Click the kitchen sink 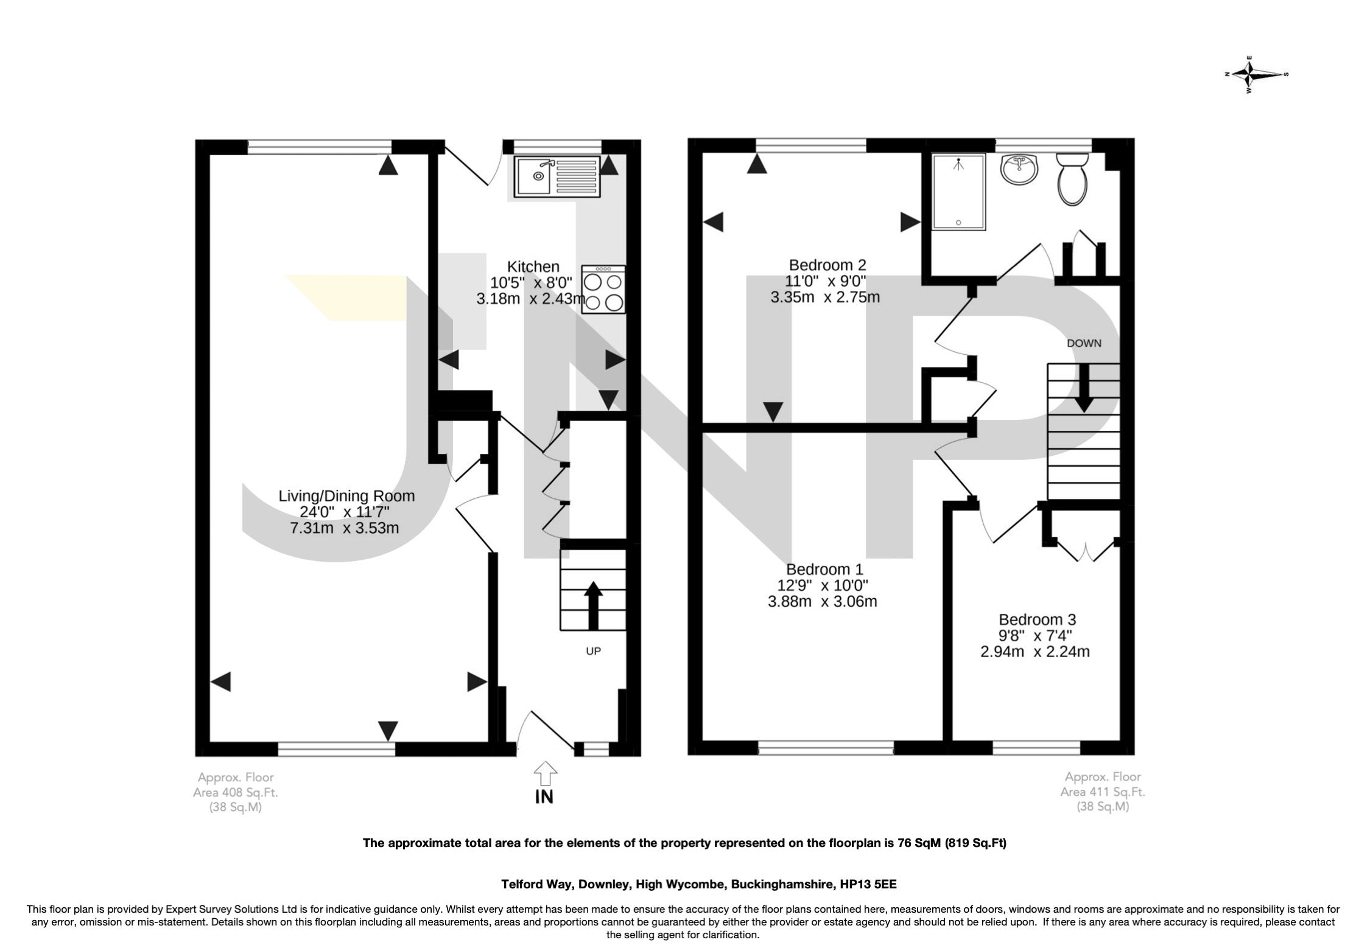557,176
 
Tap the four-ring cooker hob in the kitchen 603,290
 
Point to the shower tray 958,192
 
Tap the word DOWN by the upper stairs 1084,343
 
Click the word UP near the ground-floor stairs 593,651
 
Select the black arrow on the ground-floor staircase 593,605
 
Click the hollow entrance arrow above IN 545,774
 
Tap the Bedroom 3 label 1037,619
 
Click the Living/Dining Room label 346,496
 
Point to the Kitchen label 533,267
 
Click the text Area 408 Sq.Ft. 236,792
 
